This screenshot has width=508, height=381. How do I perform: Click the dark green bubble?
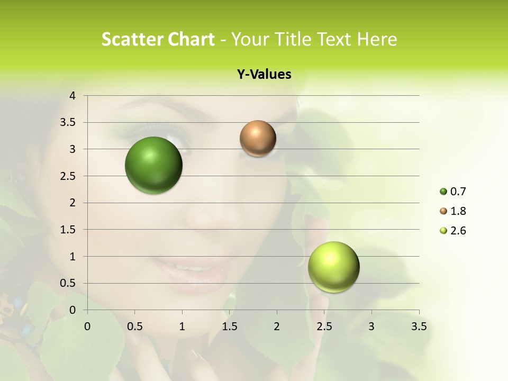[153, 165]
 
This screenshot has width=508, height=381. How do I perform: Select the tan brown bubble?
[258, 139]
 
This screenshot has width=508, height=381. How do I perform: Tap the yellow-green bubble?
[333, 267]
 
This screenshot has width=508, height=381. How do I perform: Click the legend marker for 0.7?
[443, 192]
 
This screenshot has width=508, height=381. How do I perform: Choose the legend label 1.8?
[458, 211]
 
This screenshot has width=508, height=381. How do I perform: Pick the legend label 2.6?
[458, 231]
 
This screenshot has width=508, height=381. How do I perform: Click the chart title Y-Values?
[264, 75]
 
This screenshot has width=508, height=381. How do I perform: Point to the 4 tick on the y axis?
[73, 96]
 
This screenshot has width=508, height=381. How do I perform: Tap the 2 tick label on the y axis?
[73, 203]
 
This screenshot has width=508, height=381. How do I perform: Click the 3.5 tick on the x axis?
[419, 326]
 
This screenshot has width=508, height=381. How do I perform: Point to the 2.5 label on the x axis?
[324, 326]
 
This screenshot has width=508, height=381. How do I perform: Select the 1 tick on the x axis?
[182, 326]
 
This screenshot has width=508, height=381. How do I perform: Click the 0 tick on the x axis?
[87, 326]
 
